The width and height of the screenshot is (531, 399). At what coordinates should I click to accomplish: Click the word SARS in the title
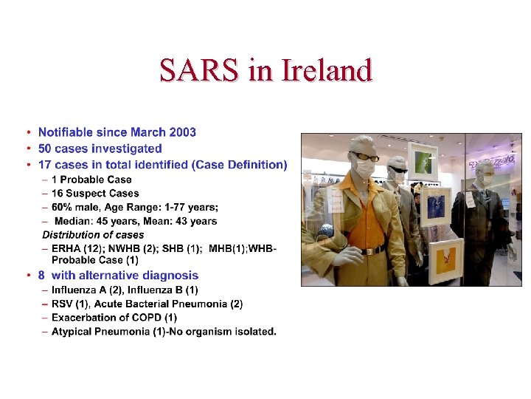[199, 70]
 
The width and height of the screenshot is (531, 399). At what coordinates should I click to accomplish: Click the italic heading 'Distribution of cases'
[93, 235]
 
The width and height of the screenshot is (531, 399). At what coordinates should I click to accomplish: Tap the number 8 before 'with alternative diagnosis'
[41, 276]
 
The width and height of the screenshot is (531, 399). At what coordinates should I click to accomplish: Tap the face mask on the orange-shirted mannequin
[365, 169]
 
